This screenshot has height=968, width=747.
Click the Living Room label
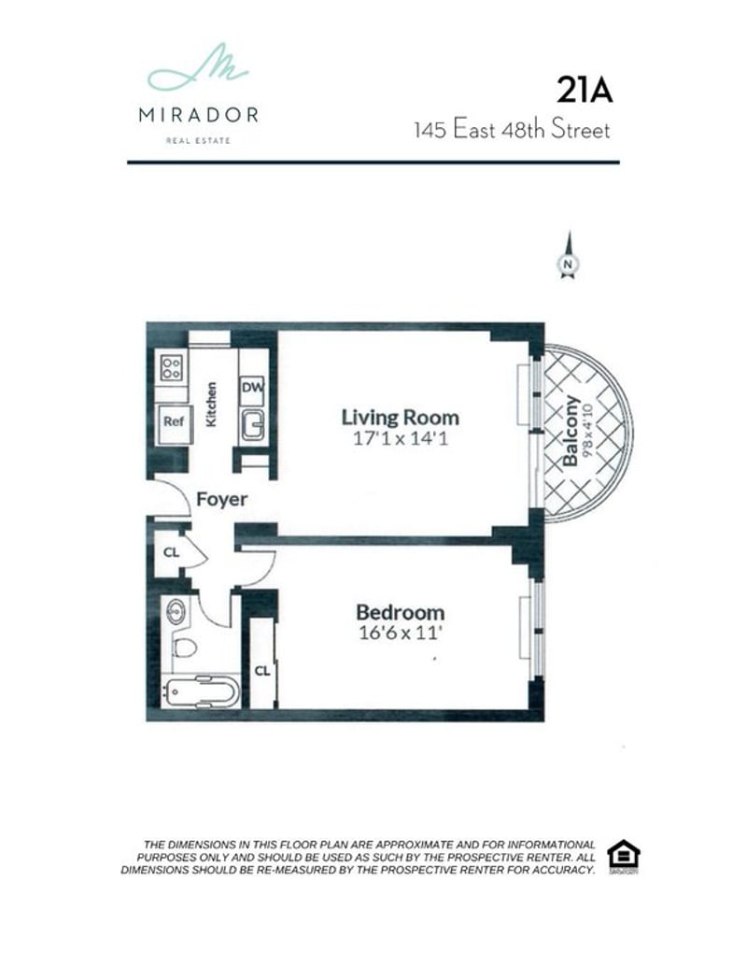[x=401, y=418]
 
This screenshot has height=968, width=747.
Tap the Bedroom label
[x=401, y=612]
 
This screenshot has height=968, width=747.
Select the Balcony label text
[x=571, y=431]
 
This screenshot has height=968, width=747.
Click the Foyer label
[x=221, y=499]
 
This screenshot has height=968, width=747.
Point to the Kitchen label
[x=211, y=405]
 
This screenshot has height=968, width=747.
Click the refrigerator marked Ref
[x=174, y=423]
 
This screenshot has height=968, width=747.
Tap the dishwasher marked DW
[x=252, y=388]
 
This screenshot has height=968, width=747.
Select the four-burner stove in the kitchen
[x=172, y=368]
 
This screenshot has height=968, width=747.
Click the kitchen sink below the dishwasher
[x=252, y=425]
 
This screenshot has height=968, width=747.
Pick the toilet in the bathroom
[x=184, y=647]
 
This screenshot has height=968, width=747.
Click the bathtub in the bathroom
[x=200, y=691]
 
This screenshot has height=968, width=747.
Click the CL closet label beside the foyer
[x=171, y=552]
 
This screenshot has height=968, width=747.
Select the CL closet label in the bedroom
[x=262, y=671]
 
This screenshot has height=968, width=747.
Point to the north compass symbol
[x=568, y=255]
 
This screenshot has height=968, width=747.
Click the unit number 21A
[x=585, y=90]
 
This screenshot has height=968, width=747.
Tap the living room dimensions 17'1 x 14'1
[x=401, y=439]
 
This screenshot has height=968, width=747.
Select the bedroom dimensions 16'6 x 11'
[x=401, y=633]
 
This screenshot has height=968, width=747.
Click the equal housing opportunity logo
[x=623, y=856]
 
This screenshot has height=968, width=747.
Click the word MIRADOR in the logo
[x=199, y=116]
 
